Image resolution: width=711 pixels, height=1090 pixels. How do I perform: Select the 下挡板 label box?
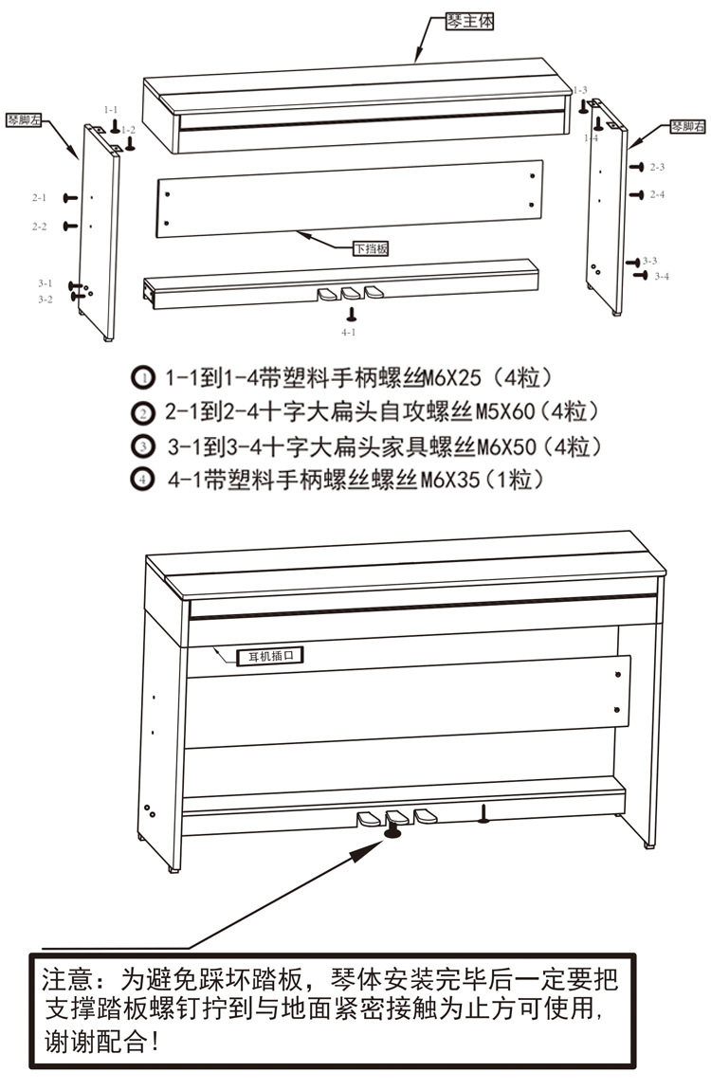371,249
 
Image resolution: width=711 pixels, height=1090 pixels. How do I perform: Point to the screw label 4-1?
348,333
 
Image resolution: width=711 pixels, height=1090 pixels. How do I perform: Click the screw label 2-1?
39,197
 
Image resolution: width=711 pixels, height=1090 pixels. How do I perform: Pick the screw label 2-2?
39,227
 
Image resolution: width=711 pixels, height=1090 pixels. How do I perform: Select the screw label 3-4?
661,276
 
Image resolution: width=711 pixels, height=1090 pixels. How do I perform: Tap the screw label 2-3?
657,167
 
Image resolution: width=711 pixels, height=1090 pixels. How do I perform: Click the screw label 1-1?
111,110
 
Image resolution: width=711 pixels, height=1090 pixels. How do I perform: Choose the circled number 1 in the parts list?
141,377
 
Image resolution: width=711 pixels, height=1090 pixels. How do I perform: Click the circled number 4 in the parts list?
141,480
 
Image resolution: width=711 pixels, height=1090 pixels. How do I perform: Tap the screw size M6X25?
454,377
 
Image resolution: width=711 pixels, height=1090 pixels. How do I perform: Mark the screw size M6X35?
450,480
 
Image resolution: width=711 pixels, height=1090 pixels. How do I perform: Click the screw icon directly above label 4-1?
351,314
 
